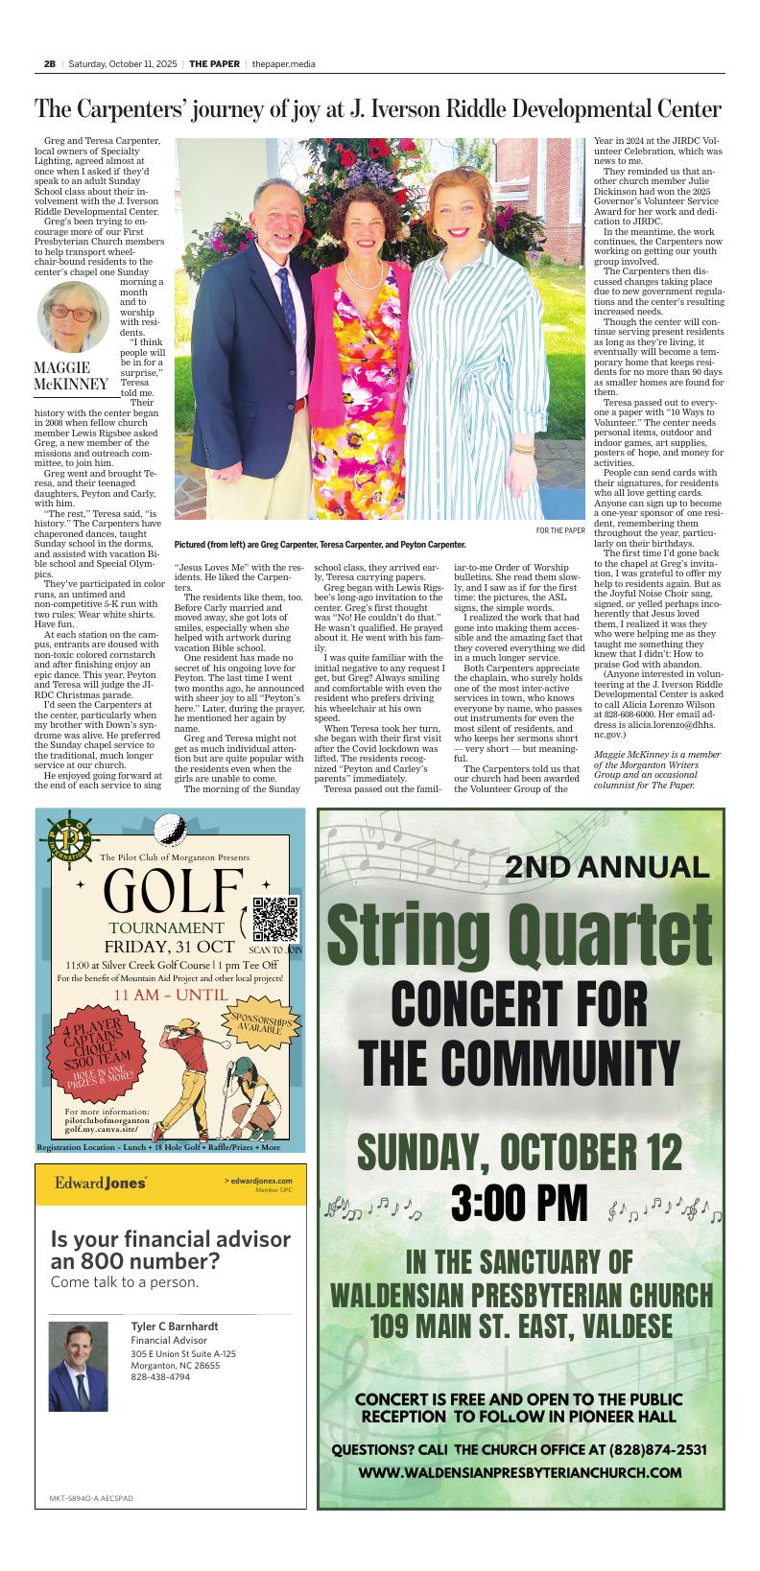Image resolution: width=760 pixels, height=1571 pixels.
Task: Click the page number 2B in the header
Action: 49,63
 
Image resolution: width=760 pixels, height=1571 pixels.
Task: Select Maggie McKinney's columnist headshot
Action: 74,317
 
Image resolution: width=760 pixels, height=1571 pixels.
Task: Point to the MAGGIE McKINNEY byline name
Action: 71,377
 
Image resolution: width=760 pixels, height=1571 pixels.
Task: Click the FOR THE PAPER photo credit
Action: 559,530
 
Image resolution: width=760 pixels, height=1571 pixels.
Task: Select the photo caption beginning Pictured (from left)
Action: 320,545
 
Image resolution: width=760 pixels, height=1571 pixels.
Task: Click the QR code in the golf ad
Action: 275,919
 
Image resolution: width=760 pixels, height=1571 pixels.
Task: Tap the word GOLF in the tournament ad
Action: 174,892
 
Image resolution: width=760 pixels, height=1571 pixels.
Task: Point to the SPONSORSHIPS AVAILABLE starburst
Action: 258,1024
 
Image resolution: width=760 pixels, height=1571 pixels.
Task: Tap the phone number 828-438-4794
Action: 160,1377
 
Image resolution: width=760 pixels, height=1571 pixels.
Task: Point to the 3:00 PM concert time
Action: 517,1204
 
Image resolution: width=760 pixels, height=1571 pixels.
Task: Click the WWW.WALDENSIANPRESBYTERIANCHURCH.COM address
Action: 520,1472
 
